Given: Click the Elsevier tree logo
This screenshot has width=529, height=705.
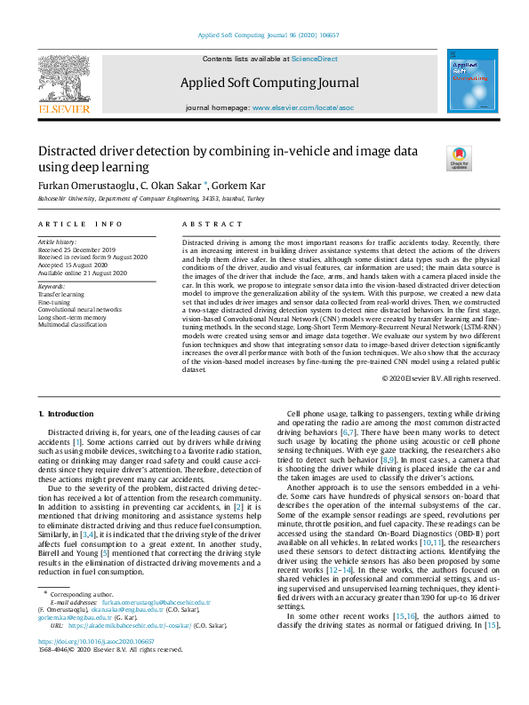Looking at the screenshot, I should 63,82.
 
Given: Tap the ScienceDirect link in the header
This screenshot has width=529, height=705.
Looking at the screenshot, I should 315,58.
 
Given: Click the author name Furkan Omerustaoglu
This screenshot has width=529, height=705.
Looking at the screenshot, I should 85,186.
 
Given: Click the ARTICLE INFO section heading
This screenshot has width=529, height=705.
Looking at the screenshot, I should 80,225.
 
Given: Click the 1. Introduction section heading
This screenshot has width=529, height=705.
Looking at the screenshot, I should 68,414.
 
